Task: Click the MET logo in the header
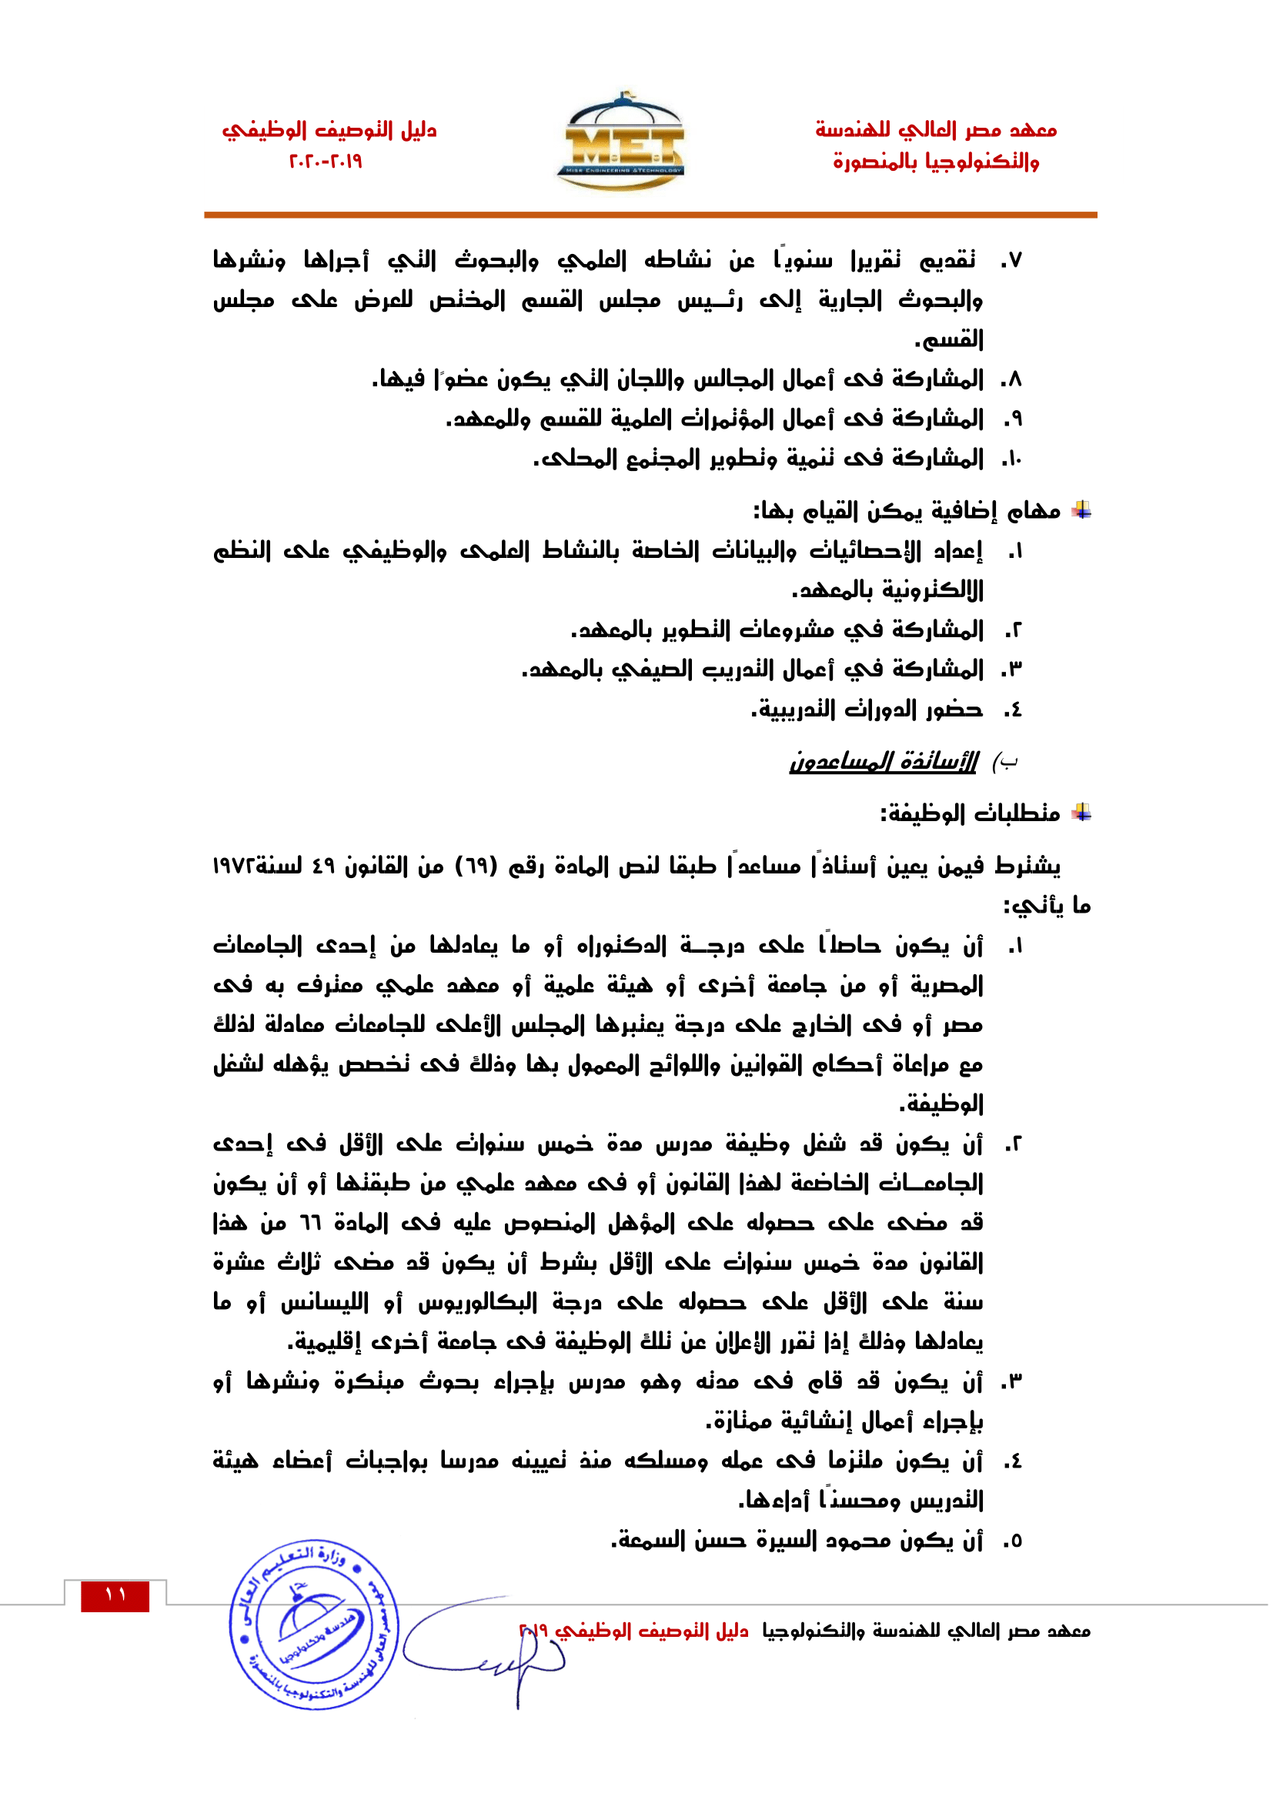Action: (624, 142)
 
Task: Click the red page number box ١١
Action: (115, 1595)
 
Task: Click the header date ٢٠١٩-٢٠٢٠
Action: (326, 162)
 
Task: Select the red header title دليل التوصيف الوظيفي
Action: (329, 130)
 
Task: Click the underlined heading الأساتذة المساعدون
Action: (884, 760)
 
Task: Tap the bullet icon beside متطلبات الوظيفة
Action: (1081, 812)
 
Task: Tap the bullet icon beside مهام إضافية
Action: (1081, 510)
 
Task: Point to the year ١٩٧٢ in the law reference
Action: (234, 866)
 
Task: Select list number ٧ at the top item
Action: (1012, 259)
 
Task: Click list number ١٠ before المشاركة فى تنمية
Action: (1012, 459)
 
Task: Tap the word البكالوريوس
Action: (477, 1303)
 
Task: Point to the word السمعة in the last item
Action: (647, 1540)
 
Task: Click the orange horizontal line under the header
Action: (650, 214)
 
